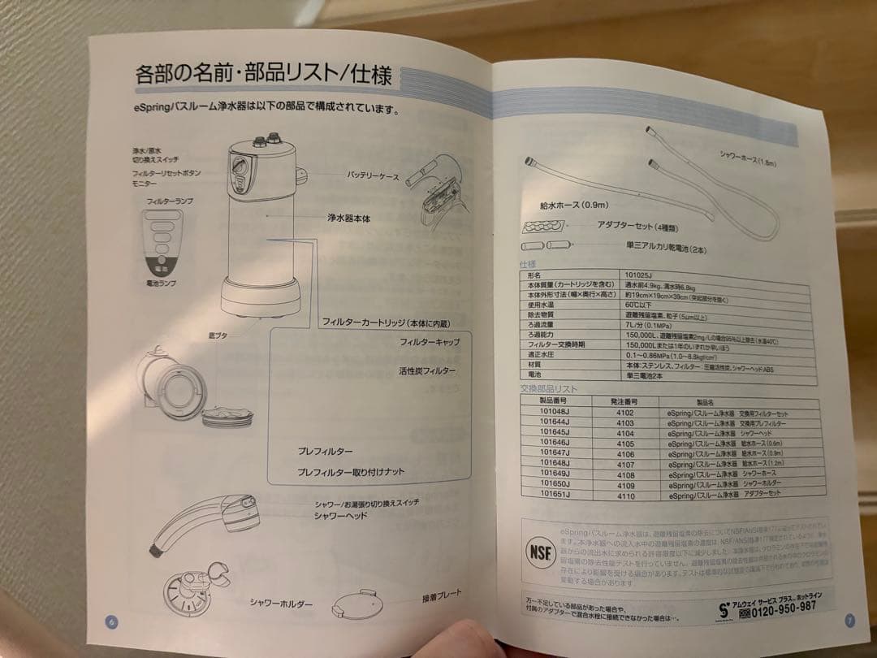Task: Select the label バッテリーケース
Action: click(x=373, y=175)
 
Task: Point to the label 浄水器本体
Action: click(x=349, y=219)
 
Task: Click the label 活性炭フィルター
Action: click(x=426, y=371)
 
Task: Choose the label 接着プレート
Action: click(x=442, y=595)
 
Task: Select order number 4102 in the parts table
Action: click(x=625, y=413)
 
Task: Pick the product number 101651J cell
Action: click(x=555, y=494)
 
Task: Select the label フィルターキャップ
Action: click(x=429, y=343)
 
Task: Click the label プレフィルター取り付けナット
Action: click(x=350, y=472)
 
